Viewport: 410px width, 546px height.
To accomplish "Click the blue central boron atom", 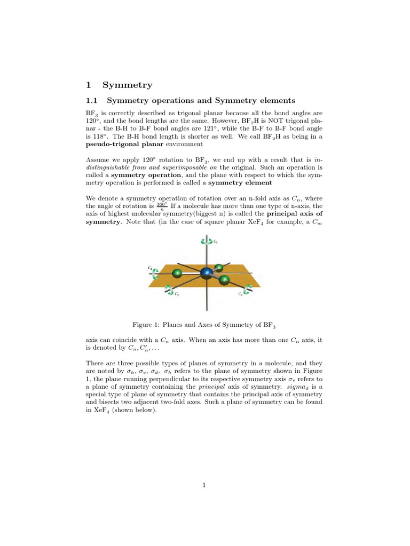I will (206, 274).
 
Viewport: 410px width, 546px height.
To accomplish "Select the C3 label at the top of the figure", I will (215, 242).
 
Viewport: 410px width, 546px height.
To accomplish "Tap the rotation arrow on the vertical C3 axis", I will (206, 241).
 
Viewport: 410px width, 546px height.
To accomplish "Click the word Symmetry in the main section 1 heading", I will (127, 85).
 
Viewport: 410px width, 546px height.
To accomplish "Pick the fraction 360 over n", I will (162, 206).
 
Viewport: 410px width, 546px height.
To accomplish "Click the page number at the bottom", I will (205, 485).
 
